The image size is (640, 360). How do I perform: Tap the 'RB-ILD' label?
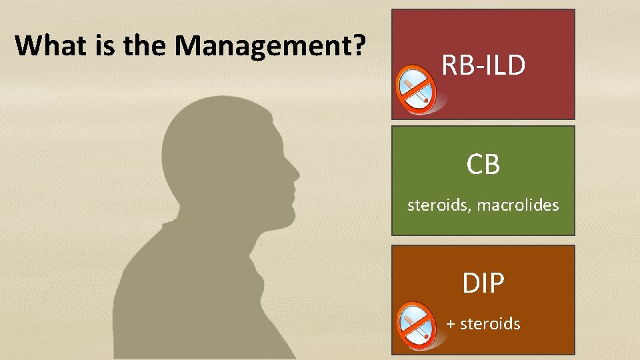483,65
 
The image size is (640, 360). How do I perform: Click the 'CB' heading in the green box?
483,165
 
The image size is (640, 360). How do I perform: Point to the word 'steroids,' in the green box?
439,205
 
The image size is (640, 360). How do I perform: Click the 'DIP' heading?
483,284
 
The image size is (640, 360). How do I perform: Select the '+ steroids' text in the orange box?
483,323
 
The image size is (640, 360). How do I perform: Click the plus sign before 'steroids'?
451,324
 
